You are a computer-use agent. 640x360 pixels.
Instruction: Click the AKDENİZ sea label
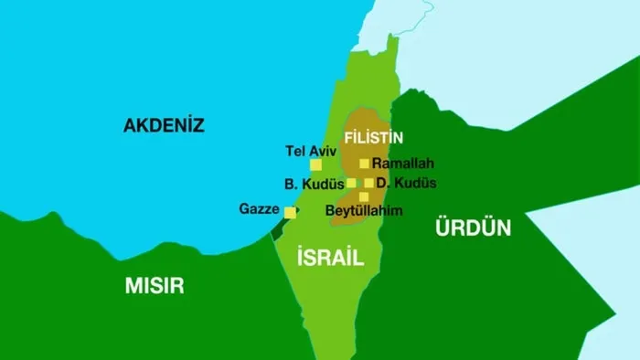tap(164, 126)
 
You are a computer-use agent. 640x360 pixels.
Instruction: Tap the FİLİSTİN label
tap(373, 137)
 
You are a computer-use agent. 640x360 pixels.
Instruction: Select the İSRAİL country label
tap(330, 258)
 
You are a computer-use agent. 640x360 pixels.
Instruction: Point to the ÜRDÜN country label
tap(473, 228)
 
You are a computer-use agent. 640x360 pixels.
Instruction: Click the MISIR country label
tap(154, 286)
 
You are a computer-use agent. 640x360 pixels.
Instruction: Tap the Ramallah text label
tap(402, 164)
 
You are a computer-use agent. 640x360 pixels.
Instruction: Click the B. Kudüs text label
tap(314, 184)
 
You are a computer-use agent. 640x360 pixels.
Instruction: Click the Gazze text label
tap(260, 209)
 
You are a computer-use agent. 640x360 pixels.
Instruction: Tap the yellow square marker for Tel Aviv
tap(316, 165)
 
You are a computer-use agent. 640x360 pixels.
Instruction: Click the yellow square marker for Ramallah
tap(364, 164)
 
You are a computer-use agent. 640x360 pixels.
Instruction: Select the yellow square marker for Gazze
tap(290, 213)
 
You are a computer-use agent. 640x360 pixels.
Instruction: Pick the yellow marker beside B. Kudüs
tap(351, 183)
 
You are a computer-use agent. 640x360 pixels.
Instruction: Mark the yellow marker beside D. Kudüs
tap(368, 183)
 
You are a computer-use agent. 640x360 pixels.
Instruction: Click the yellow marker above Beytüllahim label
tap(363, 196)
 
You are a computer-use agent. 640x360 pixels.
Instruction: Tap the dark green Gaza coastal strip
tap(277, 228)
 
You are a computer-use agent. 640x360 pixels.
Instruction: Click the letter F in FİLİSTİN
tap(347, 137)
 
